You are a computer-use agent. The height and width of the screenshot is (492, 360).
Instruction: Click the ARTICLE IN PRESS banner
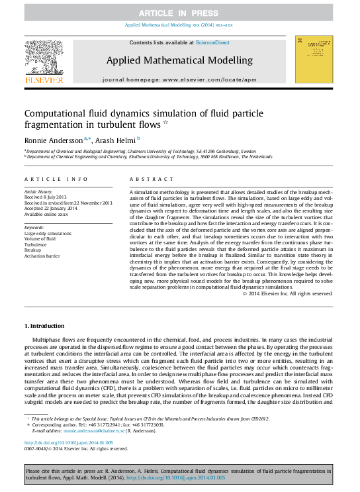[x=179, y=13]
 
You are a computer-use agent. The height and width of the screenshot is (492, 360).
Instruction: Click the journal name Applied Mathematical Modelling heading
[x=179, y=60]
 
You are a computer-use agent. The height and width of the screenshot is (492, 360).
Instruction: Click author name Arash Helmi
[x=115, y=140]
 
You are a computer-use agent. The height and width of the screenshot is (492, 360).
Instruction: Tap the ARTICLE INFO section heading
[x=56, y=179]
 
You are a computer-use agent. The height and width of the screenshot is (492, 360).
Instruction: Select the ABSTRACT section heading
[x=142, y=179]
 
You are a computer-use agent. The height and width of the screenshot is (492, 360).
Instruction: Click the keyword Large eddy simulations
[x=49, y=234]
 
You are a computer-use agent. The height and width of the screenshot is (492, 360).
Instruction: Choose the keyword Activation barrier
[x=44, y=255]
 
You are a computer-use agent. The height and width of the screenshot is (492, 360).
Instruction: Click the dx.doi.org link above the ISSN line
[x=68, y=442]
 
